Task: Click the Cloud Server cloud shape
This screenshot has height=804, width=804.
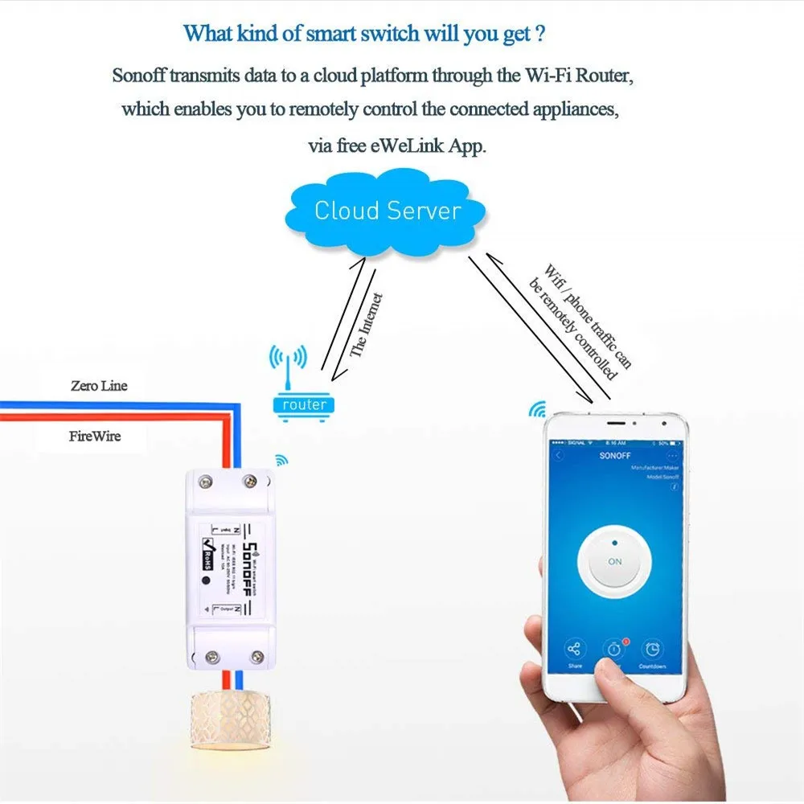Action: pyautogui.click(x=387, y=212)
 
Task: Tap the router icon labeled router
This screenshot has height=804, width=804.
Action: pyautogui.click(x=304, y=404)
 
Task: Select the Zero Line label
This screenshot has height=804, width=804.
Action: pyautogui.click(x=98, y=386)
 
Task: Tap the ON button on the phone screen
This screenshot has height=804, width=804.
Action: pyautogui.click(x=614, y=561)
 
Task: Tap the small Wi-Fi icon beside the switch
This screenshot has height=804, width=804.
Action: pyautogui.click(x=281, y=460)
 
